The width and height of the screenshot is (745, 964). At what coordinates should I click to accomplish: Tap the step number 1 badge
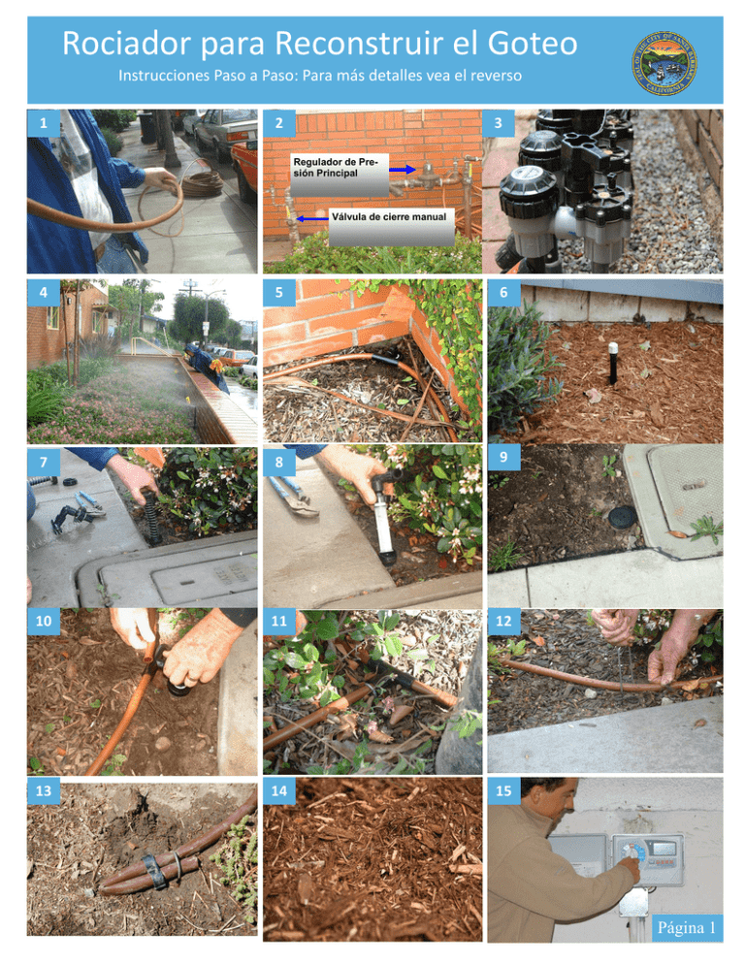coord(40,123)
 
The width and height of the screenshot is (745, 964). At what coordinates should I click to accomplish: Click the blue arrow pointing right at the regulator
coord(402,168)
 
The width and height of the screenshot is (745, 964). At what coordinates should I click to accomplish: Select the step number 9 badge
coord(502,456)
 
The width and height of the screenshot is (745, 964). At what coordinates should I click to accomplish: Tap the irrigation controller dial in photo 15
coord(631,852)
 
